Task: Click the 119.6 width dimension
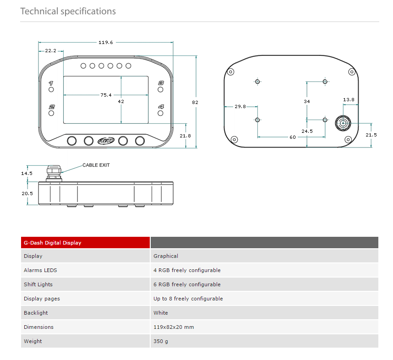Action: pos(105,42)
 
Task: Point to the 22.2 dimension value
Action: pos(50,51)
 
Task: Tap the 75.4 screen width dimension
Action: pos(106,95)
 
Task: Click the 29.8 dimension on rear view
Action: pos(240,106)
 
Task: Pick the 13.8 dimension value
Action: pos(349,99)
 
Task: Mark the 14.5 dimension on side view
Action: pos(27,173)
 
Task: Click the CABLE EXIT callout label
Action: pos(96,165)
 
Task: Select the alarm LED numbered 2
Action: pos(51,113)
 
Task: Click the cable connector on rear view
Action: pos(343,123)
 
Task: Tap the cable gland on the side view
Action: pos(54,173)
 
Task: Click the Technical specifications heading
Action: pos(68,11)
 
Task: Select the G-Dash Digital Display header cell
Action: pos(52,243)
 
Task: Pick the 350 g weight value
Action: pos(161,341)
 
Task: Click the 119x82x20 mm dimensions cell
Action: pos(174,327)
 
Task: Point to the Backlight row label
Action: pos(36,313)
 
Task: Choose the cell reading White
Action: pos(161,313)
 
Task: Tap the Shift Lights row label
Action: pos(38,284)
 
